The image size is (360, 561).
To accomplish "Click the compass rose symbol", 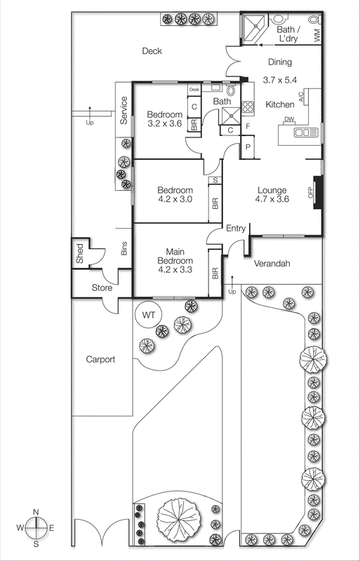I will point(36,526).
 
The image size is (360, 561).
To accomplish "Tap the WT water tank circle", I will point(149,314).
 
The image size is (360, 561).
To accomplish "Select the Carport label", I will point(100,359).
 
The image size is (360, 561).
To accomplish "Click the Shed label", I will point(80,255).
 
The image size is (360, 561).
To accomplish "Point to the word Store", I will point(102,288).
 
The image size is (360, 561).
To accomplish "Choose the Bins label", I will point(124,248).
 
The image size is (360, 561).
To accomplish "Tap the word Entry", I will point(236,228).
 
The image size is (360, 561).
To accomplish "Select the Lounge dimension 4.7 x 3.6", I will point(272,199).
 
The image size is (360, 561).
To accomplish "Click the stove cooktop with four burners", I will point(247,107).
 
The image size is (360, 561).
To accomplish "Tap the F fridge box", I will point(247,127).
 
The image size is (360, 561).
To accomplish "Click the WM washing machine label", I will point(317,33).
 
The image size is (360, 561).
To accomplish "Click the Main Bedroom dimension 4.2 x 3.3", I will point(175,268).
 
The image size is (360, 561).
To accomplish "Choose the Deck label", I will point(152,50).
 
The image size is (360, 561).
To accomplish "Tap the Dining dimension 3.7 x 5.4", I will point(280,80).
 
